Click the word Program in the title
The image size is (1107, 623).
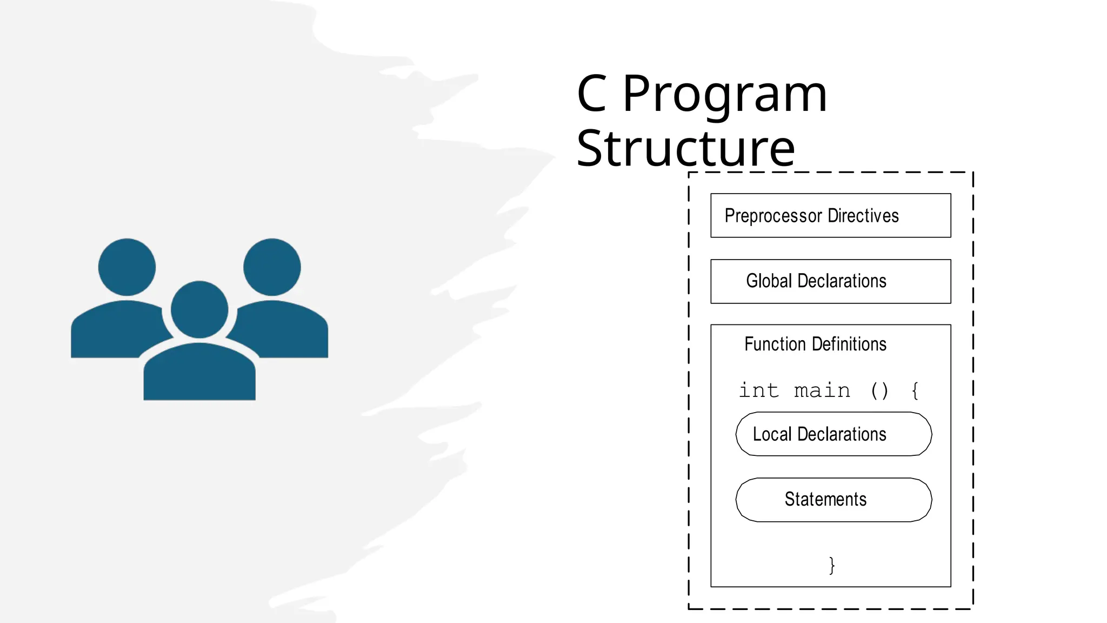(724, 95)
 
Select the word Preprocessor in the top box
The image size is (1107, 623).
(773, 216)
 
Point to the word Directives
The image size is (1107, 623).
(863, 216)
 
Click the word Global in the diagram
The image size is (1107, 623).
(769, 281)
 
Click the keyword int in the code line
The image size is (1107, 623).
(759, 390)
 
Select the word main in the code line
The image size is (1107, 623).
(822, 390)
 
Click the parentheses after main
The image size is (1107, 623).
(879, 390)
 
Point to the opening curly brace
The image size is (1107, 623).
(915, 390)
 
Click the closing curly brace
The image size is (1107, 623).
(832, 565)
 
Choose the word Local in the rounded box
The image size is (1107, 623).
(772, 434)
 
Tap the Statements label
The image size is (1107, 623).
(825, 499)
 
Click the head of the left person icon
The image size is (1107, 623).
(127, 267)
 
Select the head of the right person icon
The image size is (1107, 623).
(272, 267)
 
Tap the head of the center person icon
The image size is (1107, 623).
(199, 309)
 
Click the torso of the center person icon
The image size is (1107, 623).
(199, 373)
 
